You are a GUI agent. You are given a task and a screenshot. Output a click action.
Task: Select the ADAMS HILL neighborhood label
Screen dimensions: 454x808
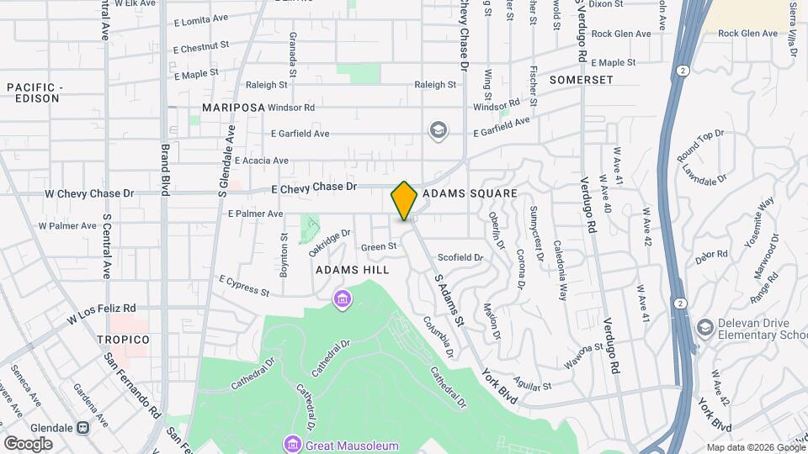pos(353,270)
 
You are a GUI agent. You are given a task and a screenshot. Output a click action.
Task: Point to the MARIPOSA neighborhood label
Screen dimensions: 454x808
pos(233,108)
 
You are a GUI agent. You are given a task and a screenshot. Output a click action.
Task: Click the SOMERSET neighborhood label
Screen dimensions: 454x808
pos(581,80)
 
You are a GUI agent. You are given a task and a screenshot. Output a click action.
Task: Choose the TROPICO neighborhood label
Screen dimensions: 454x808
pos(117,339)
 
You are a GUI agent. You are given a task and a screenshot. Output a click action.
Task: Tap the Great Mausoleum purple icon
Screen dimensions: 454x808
pos(292,443)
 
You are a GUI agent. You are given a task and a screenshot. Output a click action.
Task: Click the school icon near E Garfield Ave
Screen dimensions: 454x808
pos(438,130)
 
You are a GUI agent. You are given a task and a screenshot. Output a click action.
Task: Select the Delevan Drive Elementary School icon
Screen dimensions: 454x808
pos(704,327)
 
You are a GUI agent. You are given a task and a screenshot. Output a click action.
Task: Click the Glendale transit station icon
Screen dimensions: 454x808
pos(82,427)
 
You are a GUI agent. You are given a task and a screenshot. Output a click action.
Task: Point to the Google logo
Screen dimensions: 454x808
pos(28,443)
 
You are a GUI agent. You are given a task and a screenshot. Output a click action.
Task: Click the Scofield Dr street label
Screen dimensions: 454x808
pos(460,257)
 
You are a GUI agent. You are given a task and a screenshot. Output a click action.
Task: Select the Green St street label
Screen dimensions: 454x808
pos(379,246)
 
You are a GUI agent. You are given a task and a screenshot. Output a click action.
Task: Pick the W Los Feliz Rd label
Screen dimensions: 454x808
pos(102,314)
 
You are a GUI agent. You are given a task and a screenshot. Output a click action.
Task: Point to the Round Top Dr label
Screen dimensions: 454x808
pos(700,146)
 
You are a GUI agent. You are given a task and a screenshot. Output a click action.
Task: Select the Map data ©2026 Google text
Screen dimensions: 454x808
pos(754,447)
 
